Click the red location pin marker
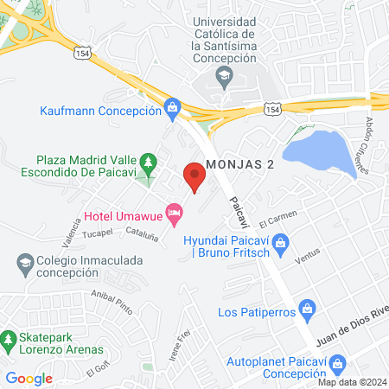click(194, 179)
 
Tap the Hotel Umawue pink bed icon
click(175, 211)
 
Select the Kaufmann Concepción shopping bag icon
click(172, 108)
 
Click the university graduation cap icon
click(225, 77)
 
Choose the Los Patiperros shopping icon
click(306, 309)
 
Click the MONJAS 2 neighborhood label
click(240, 164)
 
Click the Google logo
click(29, 378)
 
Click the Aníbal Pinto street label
click(111, 302)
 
